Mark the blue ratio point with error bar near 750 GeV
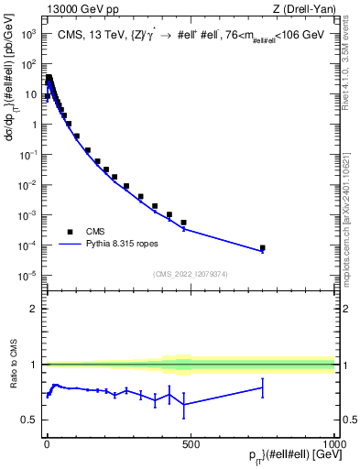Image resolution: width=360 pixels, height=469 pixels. pyautogui.click(x=262, y=387)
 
